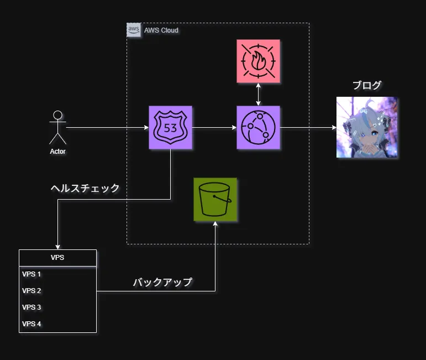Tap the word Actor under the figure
[x=57, y=151]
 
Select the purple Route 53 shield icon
[x=170, y=128]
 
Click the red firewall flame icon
[x=258, y=61]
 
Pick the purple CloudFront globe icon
[x=258, y=128]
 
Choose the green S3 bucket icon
[x=215, y=200]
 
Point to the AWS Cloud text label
[x=161, y=30]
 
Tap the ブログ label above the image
[x=367, y=85]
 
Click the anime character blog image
[x=367, y=128]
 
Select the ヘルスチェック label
[x=85, y=188]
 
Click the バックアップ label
[x=162, y=282]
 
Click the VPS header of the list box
[x=57, y=258]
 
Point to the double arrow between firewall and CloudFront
[x=258, y=95]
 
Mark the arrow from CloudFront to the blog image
[x=308, y=128]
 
